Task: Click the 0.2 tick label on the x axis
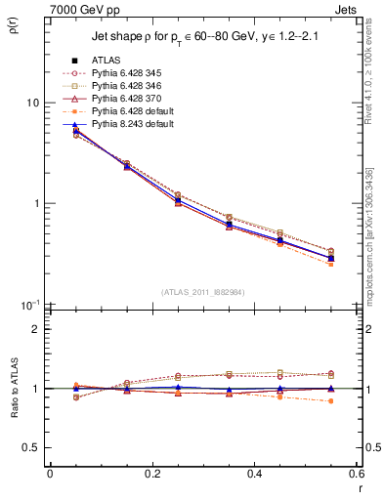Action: pos(151,475)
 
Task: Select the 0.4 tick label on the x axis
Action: pos(254,475)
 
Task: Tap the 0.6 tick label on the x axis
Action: pos(356,475)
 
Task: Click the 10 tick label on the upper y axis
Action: pos(32,103)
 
